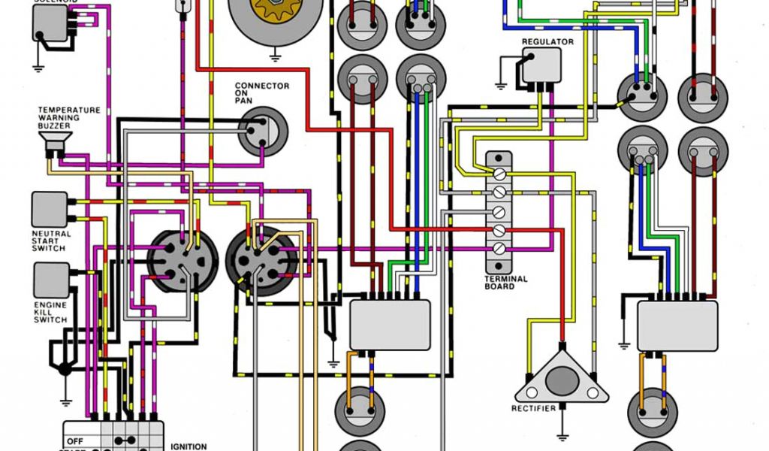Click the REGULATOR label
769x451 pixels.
pos(547,42)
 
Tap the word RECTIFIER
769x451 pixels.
pos(534,408)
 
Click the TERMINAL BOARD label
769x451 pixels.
pos(505,282)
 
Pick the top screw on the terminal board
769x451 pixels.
pos(498,174)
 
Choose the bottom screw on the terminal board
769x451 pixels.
pos(498,247)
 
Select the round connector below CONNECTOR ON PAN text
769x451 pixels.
pos(263,131)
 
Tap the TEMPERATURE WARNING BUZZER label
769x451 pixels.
pos(69,117)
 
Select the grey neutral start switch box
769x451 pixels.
pos(50,208)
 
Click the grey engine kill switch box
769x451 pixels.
pos(50,280)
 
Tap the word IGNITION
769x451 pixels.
pos(188,446)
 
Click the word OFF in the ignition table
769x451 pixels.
pos(74,441)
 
